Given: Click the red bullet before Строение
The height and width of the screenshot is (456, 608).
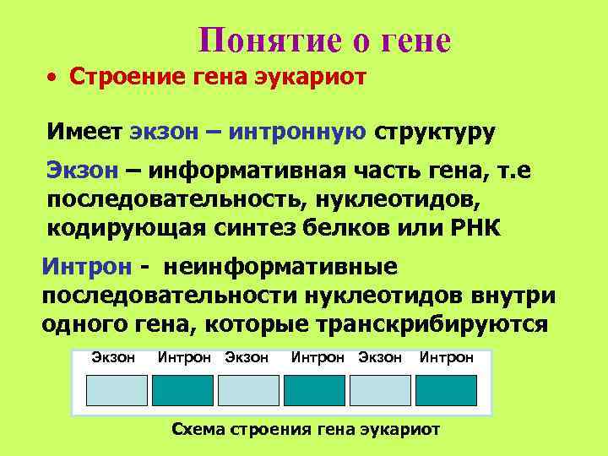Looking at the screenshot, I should (x=52, y=78).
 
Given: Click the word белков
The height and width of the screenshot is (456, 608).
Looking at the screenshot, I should (x=350, y=228).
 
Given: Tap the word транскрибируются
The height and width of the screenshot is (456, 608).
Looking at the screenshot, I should (x=432, y=325).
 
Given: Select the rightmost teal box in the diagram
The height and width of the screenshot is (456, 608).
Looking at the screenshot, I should (x=445, y=390).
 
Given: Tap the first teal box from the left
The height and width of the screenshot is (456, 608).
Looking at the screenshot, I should (x=182, y=390).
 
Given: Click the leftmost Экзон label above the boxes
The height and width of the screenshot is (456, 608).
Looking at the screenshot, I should (x=113, y=357).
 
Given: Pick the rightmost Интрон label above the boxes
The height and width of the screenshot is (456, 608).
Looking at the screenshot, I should (x=446, y=357).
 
